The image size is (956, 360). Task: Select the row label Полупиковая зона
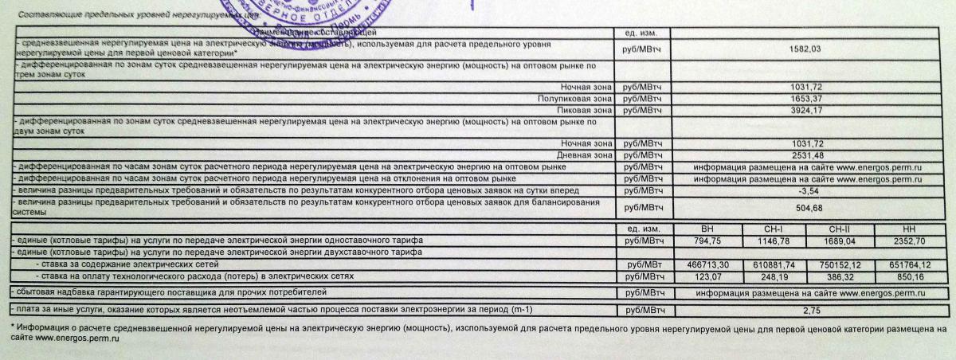(x=574, y=97)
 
